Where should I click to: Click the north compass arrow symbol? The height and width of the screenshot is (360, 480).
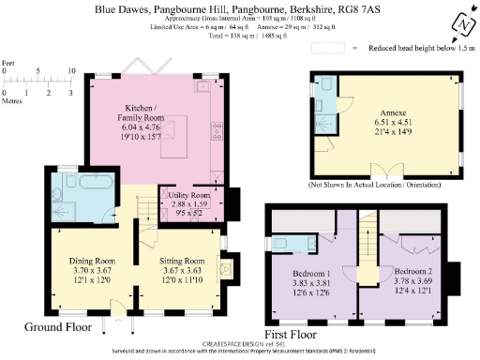click(460, 21)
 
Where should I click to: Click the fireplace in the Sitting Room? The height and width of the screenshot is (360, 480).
click(225, 271)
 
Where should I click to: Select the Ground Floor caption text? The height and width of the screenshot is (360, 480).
click(59, 327)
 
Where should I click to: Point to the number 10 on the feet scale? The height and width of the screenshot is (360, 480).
click(71, 71)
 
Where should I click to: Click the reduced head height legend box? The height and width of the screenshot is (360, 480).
click(355, 46)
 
